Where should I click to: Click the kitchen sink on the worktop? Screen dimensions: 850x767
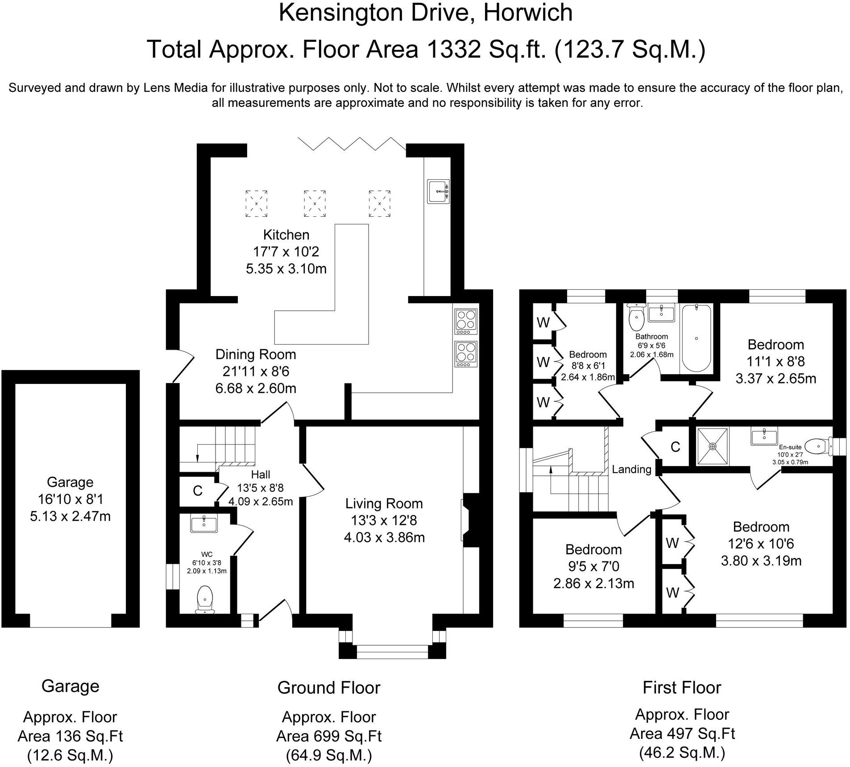click(x=438, y=191)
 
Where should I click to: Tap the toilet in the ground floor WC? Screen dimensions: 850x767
click(x=204, y=599)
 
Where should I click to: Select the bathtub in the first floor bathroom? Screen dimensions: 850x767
click(x=697, y=338)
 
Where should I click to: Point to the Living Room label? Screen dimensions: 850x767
click(x=384, y=503)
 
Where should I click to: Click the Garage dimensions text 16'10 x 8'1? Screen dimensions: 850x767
click(x=70, y=499)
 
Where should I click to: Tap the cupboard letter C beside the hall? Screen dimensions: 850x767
click(x=198, y=491)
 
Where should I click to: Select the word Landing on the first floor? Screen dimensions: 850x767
click(x=631, y=469)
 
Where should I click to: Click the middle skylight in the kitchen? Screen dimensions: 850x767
click(x=315, y=203)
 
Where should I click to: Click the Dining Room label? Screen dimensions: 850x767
click(x=256, y=355)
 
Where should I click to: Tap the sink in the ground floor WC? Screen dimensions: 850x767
click(x=204, y=523)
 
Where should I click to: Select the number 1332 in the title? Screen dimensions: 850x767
click(x=454, y=49)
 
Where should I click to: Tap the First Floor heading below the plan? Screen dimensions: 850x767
click(x=682, y=688)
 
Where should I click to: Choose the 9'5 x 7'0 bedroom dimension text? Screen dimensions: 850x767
click(x=593, y=566)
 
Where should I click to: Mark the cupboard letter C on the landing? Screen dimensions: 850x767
click(x=675, y=447)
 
